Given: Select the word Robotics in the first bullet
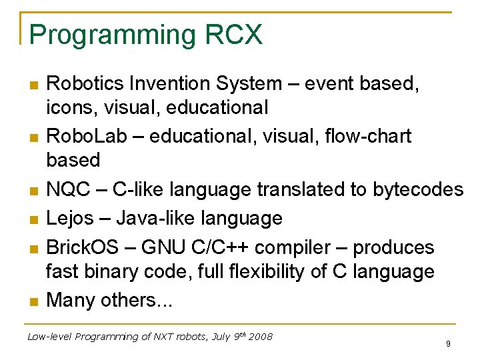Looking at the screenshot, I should click(87, 83).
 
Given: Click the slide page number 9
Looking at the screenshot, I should click(448, 344).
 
